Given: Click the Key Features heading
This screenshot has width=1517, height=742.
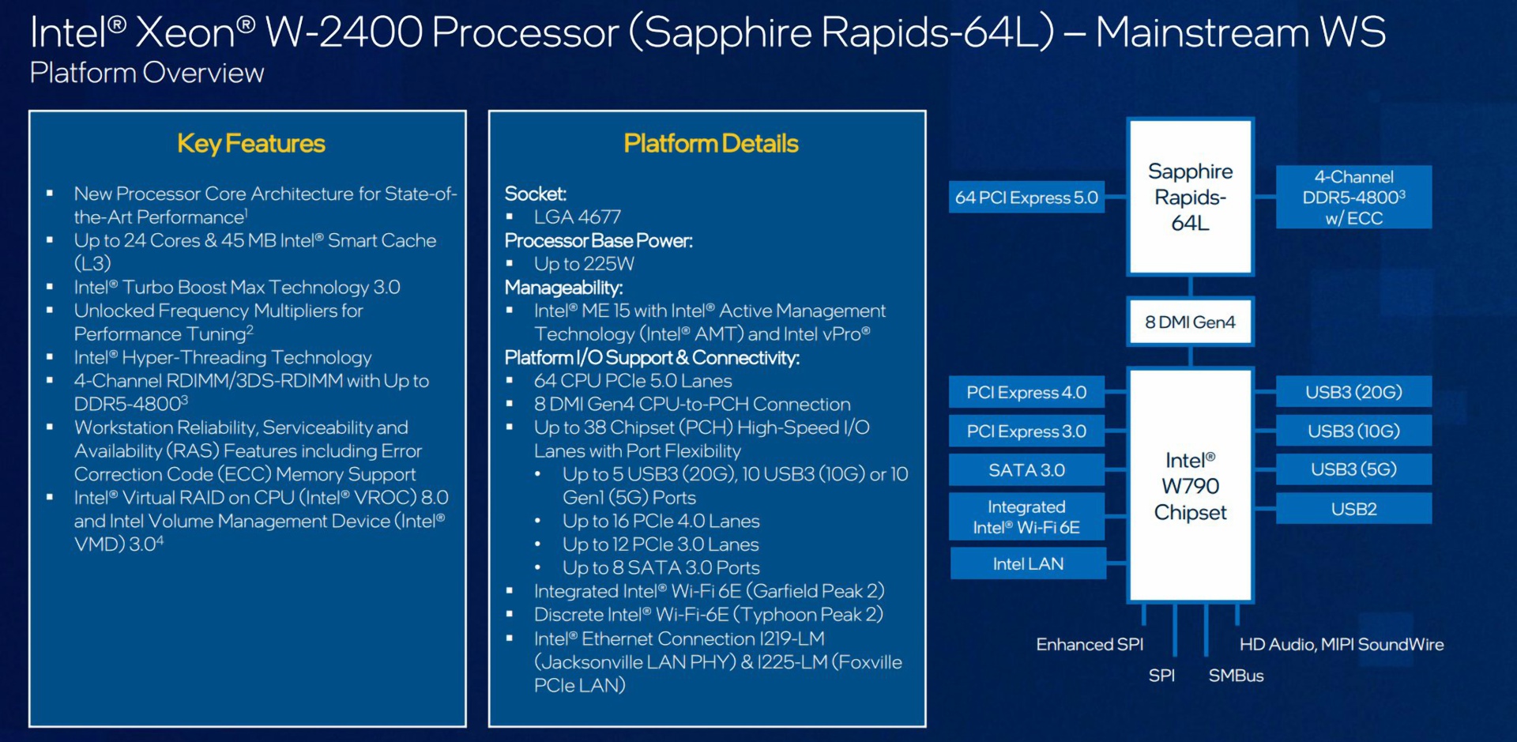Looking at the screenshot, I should [251, 144].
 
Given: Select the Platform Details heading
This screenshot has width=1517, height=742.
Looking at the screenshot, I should [710, 144].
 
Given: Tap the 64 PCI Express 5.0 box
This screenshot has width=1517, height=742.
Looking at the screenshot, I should [1026, 198].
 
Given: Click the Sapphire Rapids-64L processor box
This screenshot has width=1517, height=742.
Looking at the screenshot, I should [1190, 197].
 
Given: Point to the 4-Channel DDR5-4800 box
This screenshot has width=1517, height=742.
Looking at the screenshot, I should [1353, 198].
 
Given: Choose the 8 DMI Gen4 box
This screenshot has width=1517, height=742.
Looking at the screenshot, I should [1190, 322].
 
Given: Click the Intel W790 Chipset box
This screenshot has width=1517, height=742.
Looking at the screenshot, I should [1190, 485].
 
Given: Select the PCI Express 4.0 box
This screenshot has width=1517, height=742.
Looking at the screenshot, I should [1026, 392].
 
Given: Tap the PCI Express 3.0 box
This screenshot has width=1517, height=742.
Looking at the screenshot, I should [1026, 431].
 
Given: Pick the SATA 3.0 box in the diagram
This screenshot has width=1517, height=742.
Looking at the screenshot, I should [1026, 470].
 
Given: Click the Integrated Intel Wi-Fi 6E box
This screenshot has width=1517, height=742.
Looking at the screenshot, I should [1026, 517].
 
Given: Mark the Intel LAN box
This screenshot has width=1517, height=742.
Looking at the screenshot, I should [1028, 563].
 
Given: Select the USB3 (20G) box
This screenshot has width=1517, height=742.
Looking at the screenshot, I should [1353, 392].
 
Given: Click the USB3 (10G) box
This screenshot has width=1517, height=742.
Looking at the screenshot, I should [1353, 431].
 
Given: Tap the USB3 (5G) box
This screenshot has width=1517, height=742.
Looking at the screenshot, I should [1353, 469].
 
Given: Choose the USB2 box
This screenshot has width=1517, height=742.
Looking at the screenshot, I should [1353, 509].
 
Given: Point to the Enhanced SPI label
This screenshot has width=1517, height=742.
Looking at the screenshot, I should [1090, 645].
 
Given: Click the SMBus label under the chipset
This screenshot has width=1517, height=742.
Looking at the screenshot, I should [1236, 676].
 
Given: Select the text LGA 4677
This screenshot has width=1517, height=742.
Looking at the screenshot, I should [577, 217].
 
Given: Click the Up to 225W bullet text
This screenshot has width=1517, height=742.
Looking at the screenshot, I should [584, 264].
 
